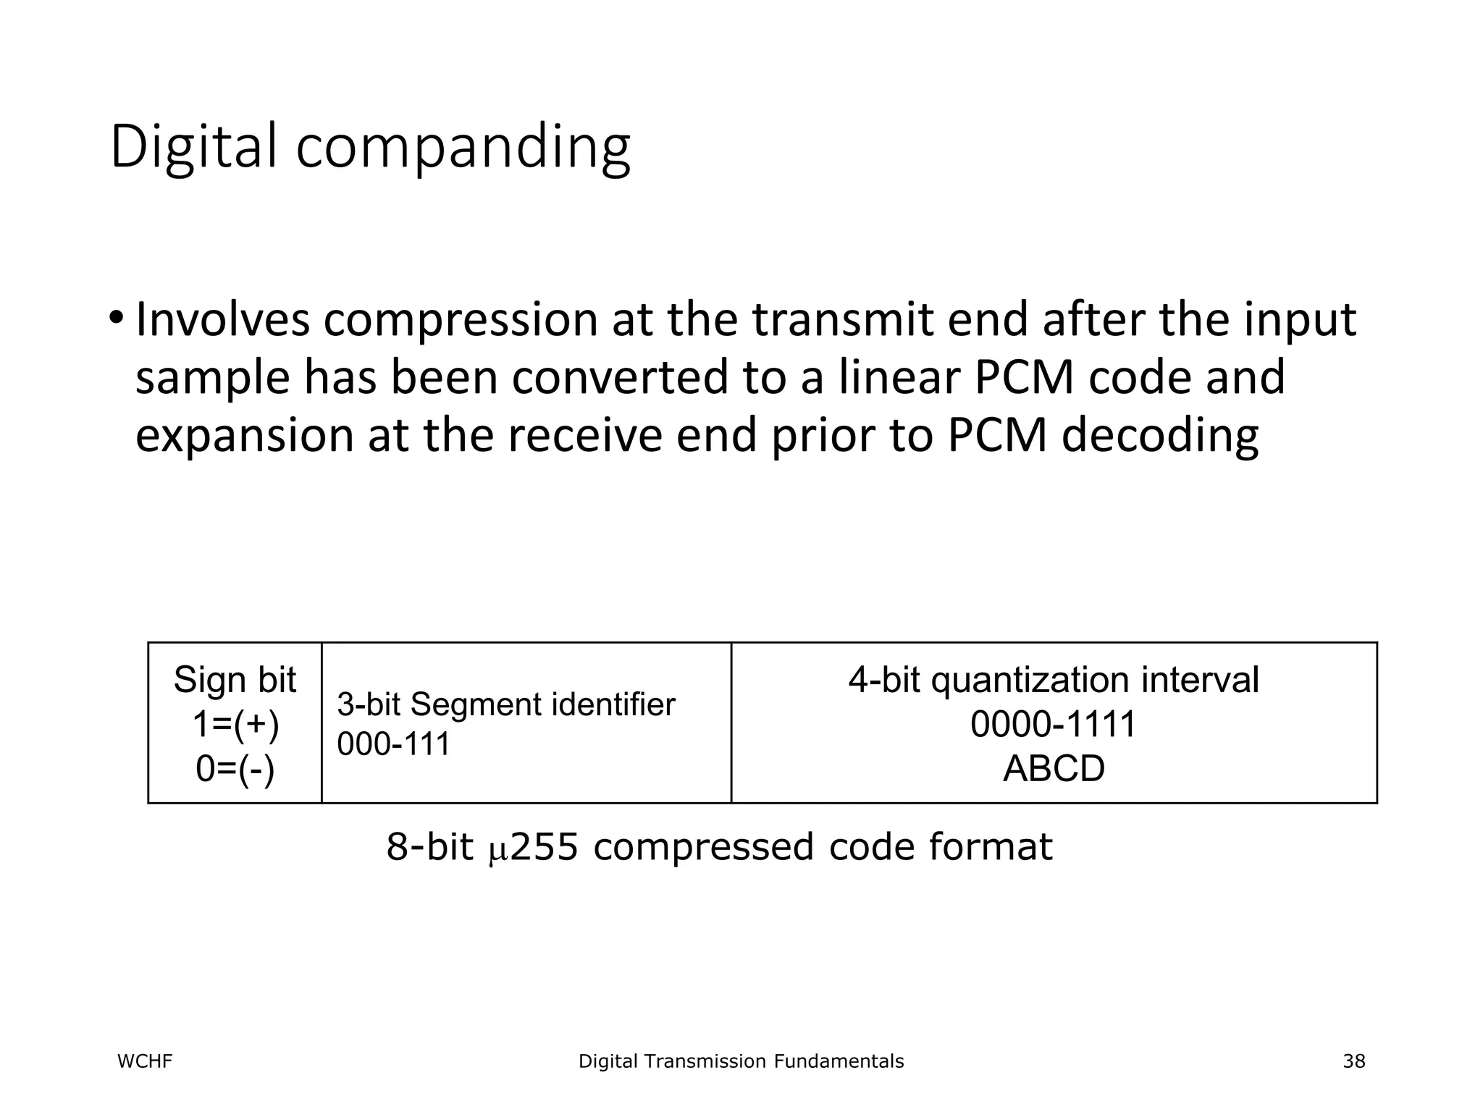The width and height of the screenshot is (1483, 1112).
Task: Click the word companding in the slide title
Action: pos(463,148)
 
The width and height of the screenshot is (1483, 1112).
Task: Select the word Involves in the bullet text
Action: pos(222,320)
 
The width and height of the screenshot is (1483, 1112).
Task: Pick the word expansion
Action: pos(245,437)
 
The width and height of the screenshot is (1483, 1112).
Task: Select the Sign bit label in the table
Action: pos(235,680)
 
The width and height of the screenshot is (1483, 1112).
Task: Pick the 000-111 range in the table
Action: pos(393,744)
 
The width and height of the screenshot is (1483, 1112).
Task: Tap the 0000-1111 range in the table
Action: pos(1053,724)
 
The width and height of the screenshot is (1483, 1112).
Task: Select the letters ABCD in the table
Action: pos(1054,768)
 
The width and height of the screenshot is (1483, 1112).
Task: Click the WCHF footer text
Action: pos(145,1061)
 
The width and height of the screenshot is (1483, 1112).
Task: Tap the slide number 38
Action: pos(1353,1061)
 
